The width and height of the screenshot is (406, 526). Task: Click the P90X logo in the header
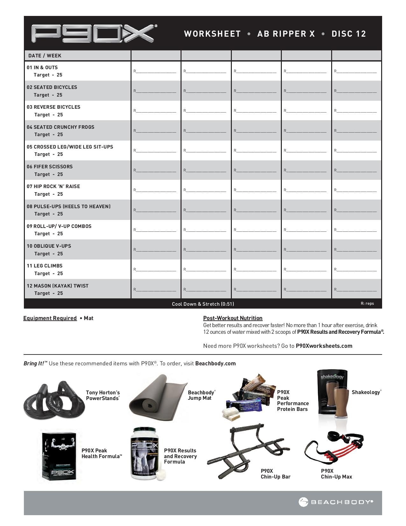[x=94, y=33]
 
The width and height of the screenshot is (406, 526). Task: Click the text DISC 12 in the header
[x=349, y=34]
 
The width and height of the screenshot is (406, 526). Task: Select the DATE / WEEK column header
[x=45, y=55]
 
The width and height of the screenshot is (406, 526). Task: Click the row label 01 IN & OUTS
[x=42, y=68]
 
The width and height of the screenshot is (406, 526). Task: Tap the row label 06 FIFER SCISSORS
[x=50, y=167]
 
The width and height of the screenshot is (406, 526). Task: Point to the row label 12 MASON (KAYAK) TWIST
[x=58, y=286]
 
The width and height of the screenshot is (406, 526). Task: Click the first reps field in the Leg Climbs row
[x=155, y=270]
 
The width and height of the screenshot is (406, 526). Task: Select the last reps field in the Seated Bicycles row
[x=355, y=91]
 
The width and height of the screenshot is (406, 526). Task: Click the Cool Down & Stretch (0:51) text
[x=203, y=304]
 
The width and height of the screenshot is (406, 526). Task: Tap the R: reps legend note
[x=367, y=303]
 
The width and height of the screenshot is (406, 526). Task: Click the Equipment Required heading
[x=50, y=318]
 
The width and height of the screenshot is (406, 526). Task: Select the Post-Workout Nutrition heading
[x=233, y=318]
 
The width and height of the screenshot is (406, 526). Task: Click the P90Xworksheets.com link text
[x=324, y=346]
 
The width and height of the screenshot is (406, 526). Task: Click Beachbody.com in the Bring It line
[x=215, y=363]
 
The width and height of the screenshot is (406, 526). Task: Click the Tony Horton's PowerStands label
[x=103, y=395]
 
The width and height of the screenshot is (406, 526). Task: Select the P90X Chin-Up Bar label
[x=275, y=474]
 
